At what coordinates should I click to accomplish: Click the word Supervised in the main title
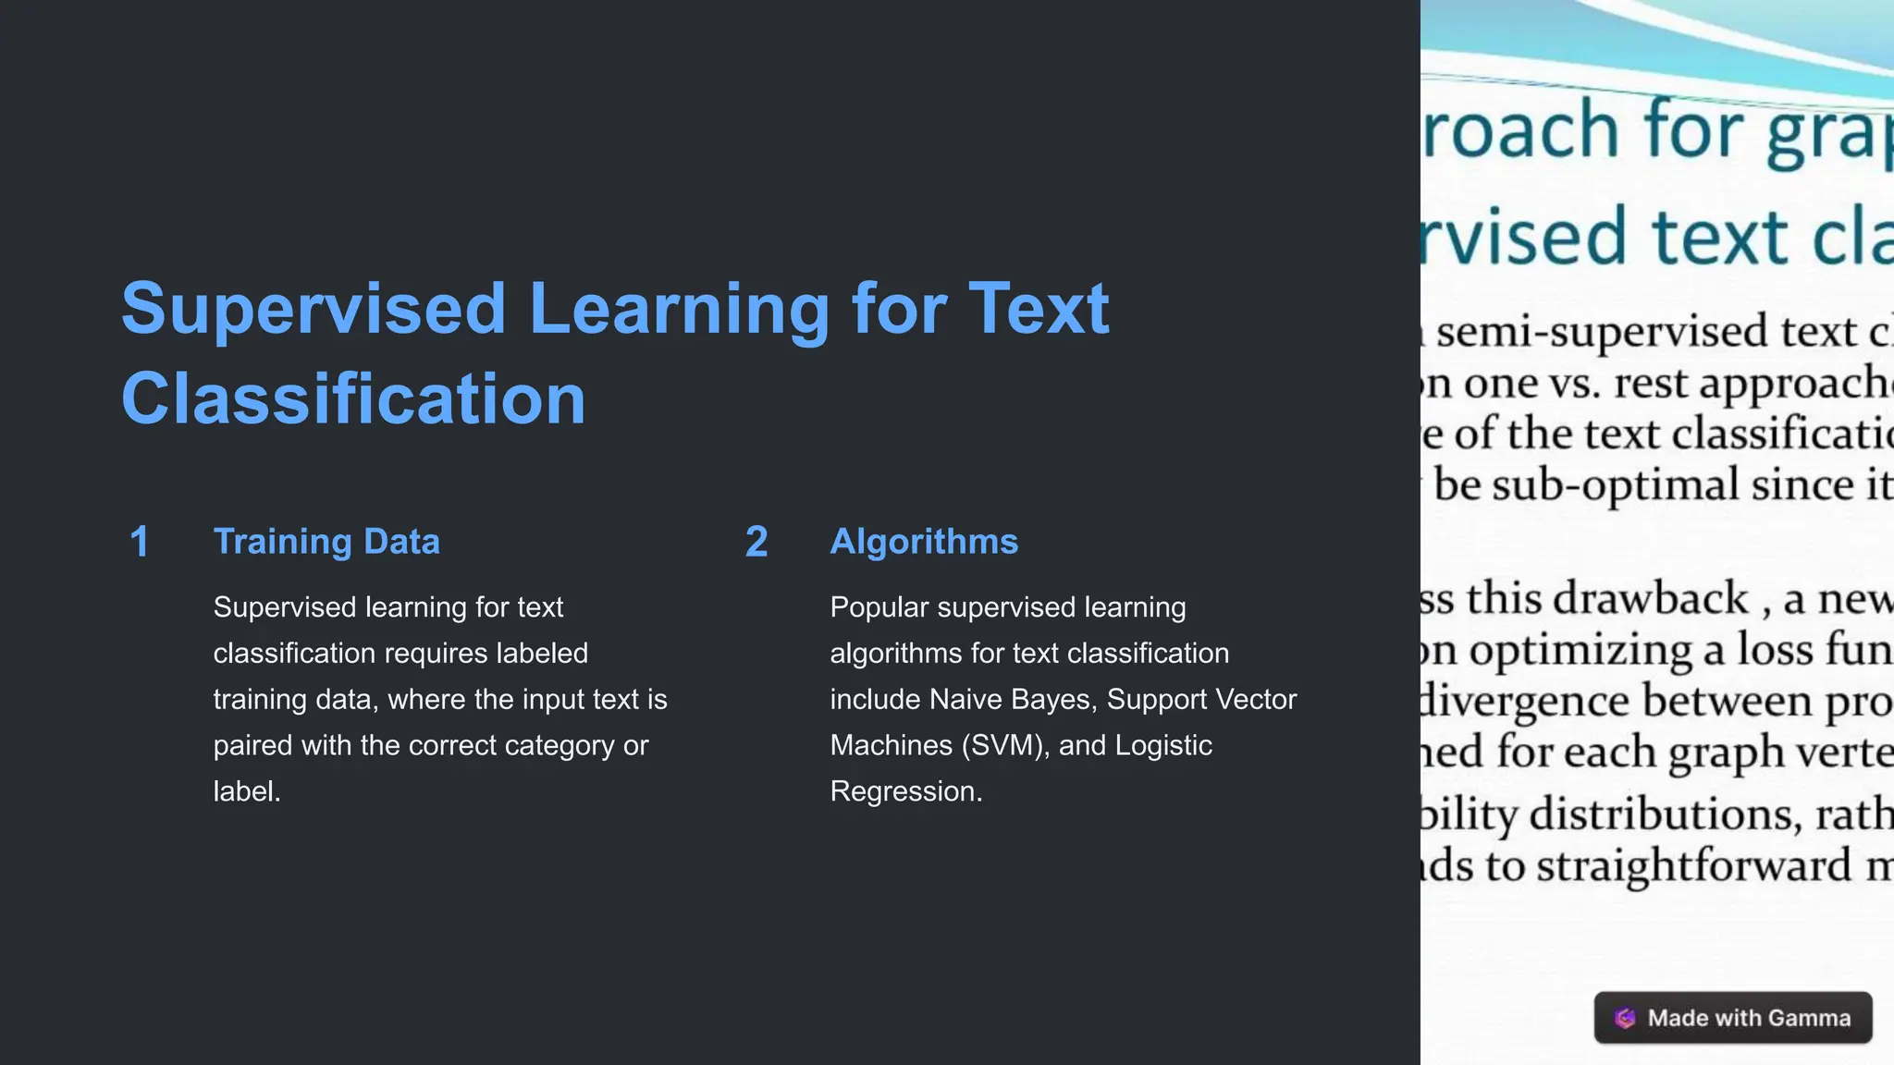coord(314,309)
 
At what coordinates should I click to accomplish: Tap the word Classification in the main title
coord(353,399)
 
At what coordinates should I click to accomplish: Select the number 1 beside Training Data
coord(140,542)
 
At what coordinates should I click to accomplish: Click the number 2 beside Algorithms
coord(756,542)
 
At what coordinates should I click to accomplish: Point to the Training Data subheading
coord(326,542)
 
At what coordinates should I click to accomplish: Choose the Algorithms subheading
coord(924,542)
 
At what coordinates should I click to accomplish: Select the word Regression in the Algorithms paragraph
coord(905,792)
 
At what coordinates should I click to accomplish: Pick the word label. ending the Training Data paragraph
coord(247,792)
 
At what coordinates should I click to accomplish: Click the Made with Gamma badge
coord(1733,1018)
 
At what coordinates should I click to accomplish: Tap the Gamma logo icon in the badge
coord(1625,1018)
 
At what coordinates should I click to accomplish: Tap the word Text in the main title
coord(1039,309)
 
